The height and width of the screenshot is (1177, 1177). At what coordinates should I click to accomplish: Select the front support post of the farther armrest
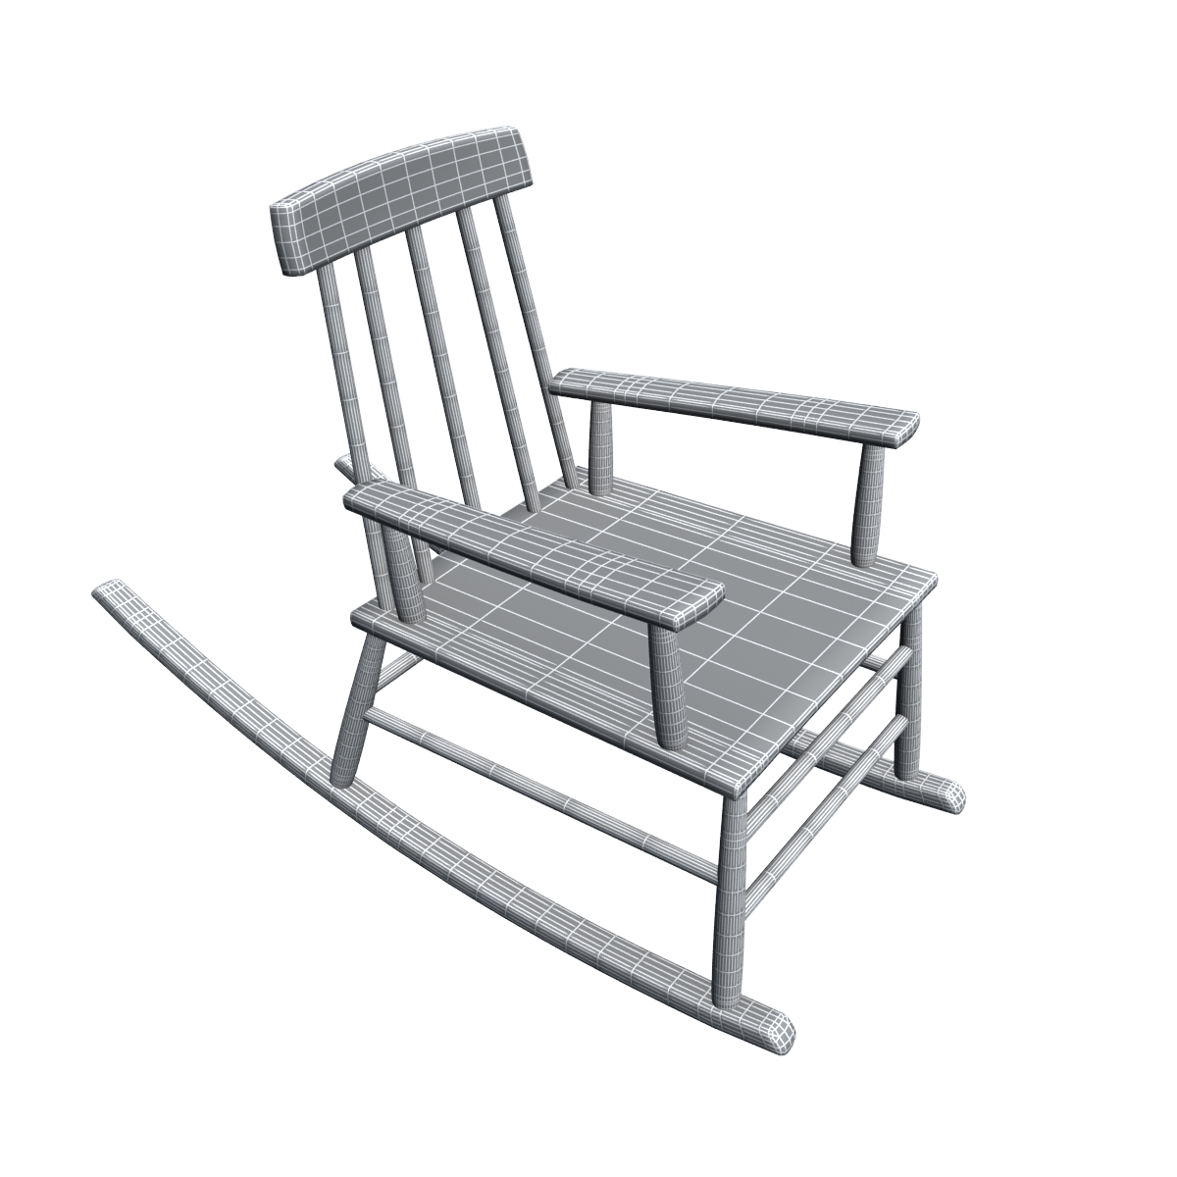pos(868,500)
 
